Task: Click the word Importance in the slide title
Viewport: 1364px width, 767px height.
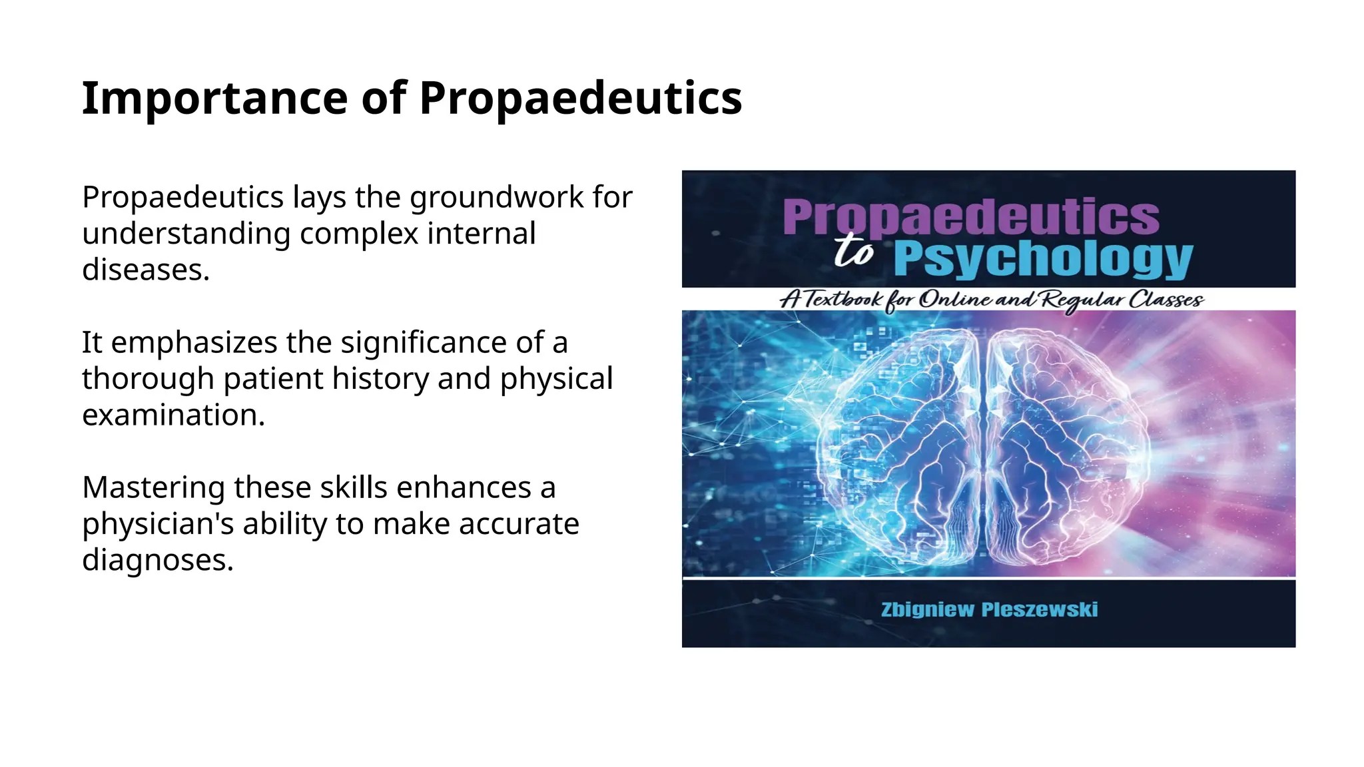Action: [214, 98]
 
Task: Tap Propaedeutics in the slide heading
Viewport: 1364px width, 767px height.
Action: [580, 98]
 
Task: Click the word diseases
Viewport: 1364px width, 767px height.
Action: [146, 270]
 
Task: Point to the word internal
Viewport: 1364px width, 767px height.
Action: [481, 234]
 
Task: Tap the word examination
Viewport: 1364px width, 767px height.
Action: [173, 415]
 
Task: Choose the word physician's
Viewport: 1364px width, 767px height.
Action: [158, 524]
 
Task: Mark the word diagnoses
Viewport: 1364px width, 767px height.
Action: [158, 560]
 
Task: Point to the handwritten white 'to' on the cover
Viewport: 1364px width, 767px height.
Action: [854, 251]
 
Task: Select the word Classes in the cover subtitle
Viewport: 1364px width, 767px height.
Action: [1165, 300]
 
